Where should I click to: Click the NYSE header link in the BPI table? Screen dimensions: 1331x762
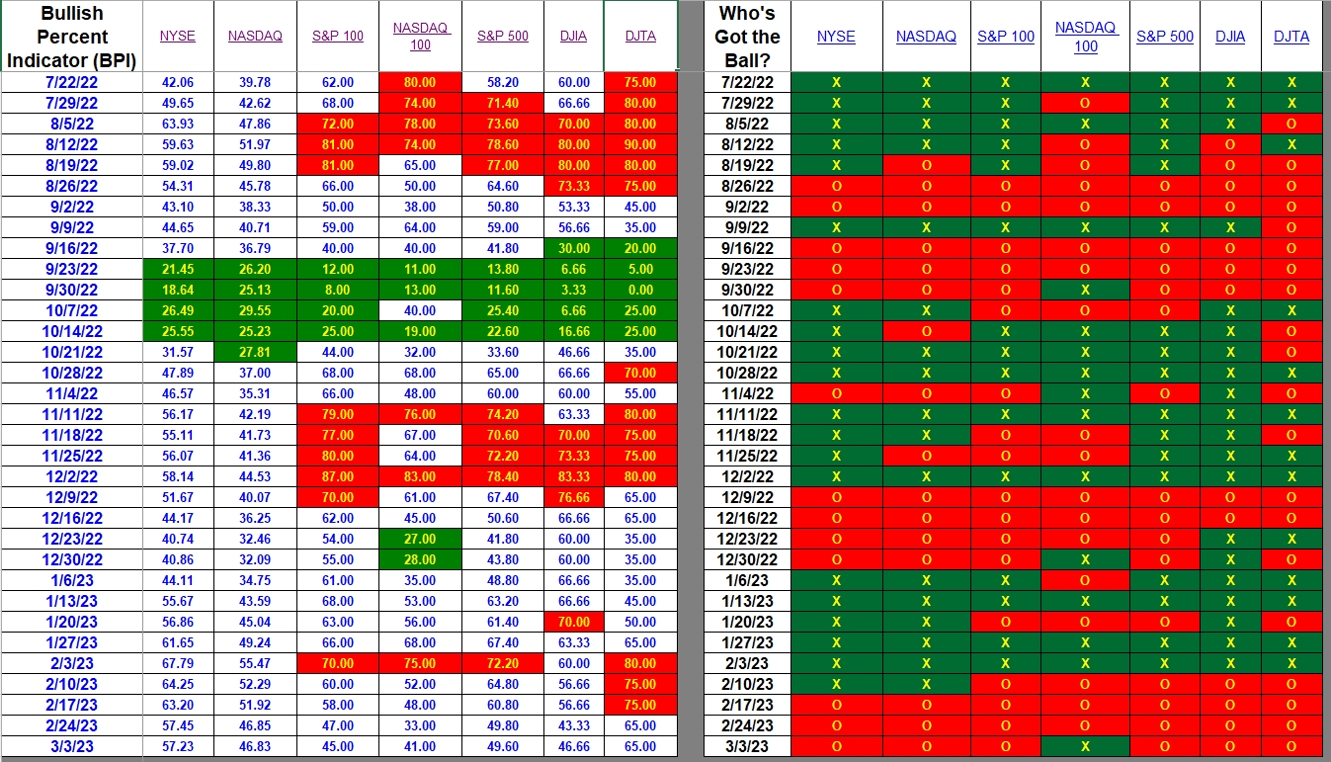coord(177,37)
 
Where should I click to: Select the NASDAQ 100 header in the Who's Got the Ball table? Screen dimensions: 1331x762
coord(1085,37)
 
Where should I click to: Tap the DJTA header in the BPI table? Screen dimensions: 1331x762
coord(640,37)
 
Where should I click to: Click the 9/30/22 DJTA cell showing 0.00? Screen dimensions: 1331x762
coord(640,290)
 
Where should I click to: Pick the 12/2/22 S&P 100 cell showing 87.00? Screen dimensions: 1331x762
coord(338,476)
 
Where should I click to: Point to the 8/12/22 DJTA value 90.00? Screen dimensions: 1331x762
coord(640,144)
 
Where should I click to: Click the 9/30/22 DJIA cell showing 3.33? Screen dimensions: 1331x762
coord(573,290)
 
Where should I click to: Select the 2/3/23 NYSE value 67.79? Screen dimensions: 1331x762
coord(178,663)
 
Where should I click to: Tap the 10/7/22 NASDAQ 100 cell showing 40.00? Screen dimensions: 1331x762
coord(420,311)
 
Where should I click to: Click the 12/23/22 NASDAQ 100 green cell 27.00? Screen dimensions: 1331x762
coord(420,539)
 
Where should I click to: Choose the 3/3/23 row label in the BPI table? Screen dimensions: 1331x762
coord(71,746)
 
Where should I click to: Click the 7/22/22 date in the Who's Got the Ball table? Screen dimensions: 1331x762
coord(747,83)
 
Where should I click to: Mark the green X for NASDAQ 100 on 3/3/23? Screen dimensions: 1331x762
coord(1085,746)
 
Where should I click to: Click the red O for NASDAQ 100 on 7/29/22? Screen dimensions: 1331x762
coord(1085,104)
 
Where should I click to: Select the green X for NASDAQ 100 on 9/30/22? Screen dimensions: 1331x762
coord(1085,290)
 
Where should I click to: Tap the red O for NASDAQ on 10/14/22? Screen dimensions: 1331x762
coord(926,332)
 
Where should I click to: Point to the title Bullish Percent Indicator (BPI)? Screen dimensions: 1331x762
coord(71,37)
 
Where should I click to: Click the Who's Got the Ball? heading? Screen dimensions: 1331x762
coord(747,37)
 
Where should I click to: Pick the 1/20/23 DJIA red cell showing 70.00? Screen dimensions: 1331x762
coord(573,623)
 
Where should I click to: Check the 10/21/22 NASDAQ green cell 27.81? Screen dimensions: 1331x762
coord(255,353)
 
